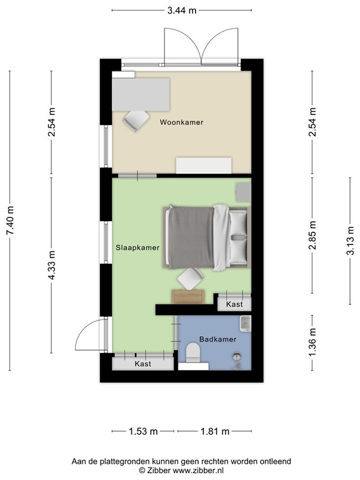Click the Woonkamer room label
(x=181, y=122)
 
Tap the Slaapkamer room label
(x=137, y=247)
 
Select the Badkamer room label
(x=217, y=339)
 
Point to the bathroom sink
(x=246, y=324)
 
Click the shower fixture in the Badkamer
(x=237, y=360)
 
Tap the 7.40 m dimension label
(x=11, y=221)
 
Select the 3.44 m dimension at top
(x=181, y=11)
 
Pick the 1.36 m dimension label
(x=312, y=342)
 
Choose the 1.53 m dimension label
(x=143, y=432)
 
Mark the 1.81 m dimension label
(x=215, y=432)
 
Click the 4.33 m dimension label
(x=51, y=265)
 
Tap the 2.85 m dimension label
(x=312, y=235)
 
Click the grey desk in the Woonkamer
(x=141, y=94)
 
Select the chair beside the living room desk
(x=136, y=121)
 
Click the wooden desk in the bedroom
(x=188, y=297)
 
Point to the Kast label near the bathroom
(x=234, y=304)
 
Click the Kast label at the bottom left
(x=143, y=364)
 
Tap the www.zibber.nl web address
(x=198, y=470)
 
